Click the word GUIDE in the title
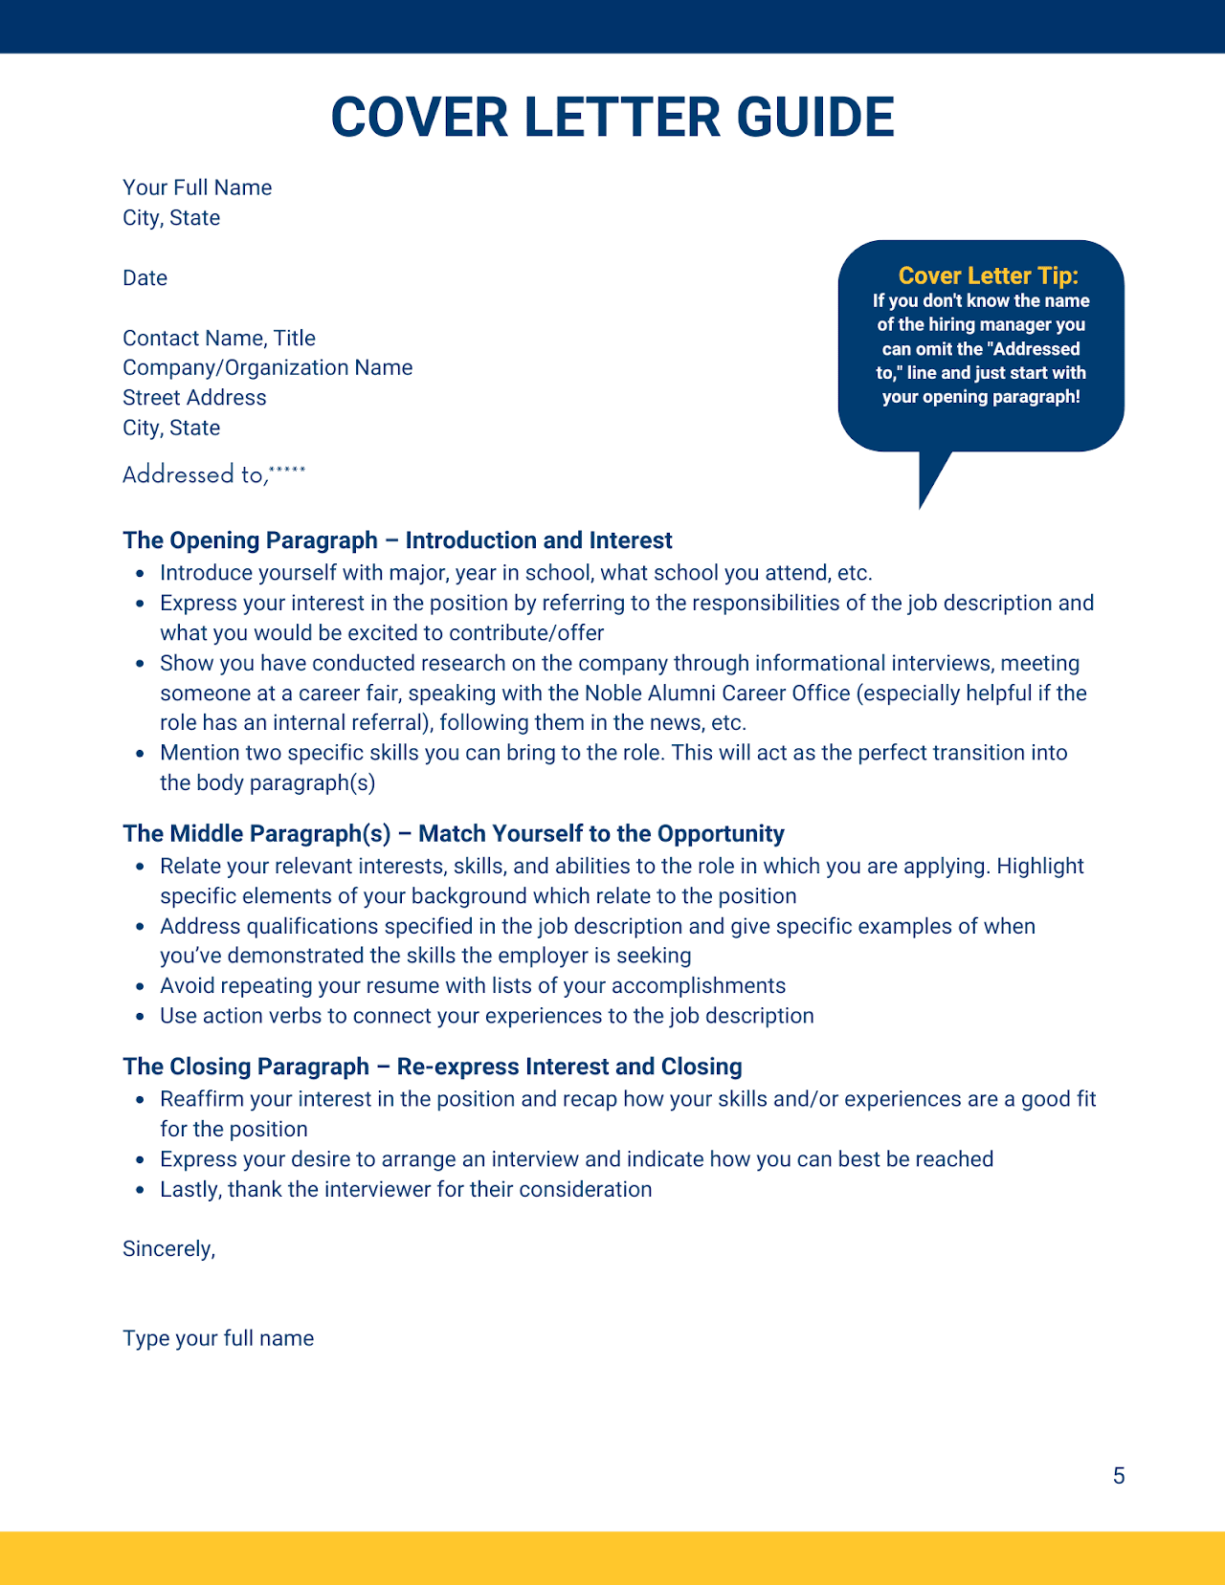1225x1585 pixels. pos(815,118)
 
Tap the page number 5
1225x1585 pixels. pos(1119,1476)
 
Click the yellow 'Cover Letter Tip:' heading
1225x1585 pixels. pos(988,275)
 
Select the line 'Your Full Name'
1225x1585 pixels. pos(197,187)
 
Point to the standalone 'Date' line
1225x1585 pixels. pos(145,278)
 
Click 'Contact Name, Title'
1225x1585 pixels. pos(219,338)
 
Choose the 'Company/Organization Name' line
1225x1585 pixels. pos(268,367)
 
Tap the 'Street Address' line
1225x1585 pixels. pos(194,397)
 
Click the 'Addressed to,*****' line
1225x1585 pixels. pos(213,473)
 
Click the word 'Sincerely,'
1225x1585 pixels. pos(168,1249)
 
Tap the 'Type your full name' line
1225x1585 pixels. pos(218,1338)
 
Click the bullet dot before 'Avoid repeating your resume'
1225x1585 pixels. pos(140,987)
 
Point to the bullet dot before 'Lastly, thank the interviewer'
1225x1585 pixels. pos(140,1191)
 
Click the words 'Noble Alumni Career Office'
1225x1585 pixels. pos(717,693)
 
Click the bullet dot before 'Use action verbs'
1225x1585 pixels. pos(140,1017)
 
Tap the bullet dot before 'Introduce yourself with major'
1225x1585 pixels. pos(140,574)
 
